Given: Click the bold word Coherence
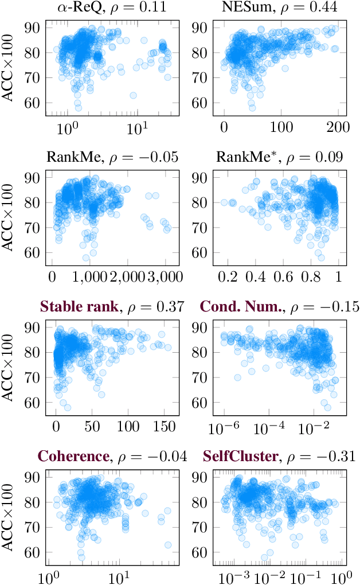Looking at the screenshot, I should [73, 457].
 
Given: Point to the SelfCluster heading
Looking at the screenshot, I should [241, 457].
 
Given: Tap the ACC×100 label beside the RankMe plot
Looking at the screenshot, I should [10, 217].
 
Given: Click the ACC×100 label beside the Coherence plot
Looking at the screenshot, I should [10, 516].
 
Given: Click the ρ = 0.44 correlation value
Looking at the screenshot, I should [308, 9].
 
